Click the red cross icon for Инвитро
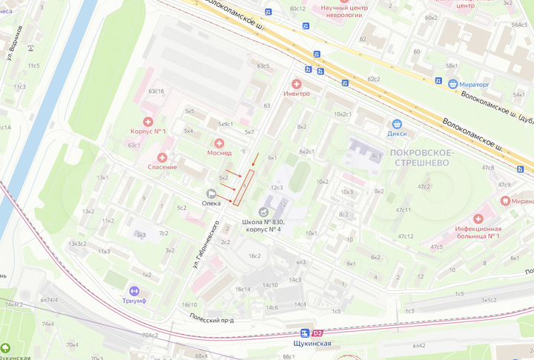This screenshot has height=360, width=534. (x=297, y=84)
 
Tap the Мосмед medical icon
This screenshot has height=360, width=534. (x=219, y=143)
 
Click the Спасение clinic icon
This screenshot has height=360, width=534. (x=162, y=157)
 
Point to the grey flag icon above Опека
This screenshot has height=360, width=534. (x=211, y=193)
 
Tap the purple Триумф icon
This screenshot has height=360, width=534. (x=134, y=291)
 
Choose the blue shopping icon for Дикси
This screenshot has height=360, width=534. (x=398, y=124)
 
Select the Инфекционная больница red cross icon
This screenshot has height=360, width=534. (x=479, y=218)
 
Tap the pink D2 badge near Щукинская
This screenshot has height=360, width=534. (x=318, y=333)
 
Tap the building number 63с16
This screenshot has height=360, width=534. (x=156, y=91)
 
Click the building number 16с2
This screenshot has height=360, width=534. (x=254, y=255)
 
